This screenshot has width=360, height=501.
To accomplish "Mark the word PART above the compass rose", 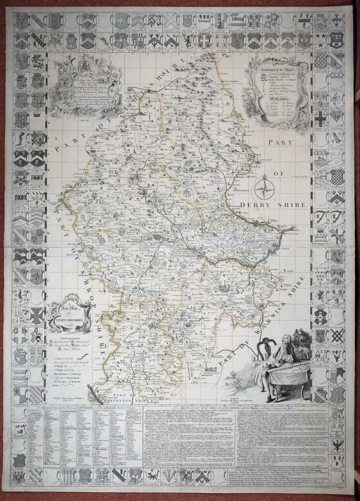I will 280,142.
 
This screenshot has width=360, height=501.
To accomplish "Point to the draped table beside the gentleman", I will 289,378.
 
